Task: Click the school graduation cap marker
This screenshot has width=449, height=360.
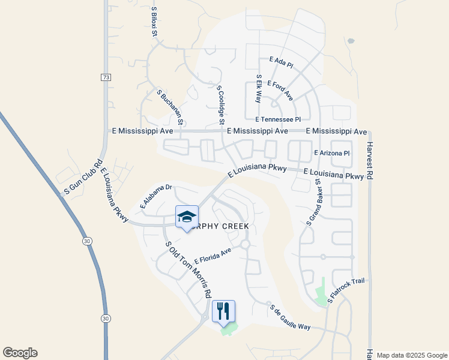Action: (187, 217)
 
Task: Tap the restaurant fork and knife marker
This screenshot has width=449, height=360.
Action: (223, 311)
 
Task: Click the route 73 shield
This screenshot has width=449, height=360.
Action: (106, 77)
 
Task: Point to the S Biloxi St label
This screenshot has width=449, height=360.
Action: (154, 22)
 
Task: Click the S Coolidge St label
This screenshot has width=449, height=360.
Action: (220, 104)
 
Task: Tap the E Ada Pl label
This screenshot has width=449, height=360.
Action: (281, 61)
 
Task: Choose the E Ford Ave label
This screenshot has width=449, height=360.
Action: (280, 91)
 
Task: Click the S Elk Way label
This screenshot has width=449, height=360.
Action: (259, 89)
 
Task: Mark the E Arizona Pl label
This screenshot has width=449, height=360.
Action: (332, 154)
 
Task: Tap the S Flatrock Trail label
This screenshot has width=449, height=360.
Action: (346, 289)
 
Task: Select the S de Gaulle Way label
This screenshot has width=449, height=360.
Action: (290, 317)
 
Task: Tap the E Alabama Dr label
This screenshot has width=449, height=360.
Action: (156, 196)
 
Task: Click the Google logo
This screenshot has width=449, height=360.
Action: (20, 353)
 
